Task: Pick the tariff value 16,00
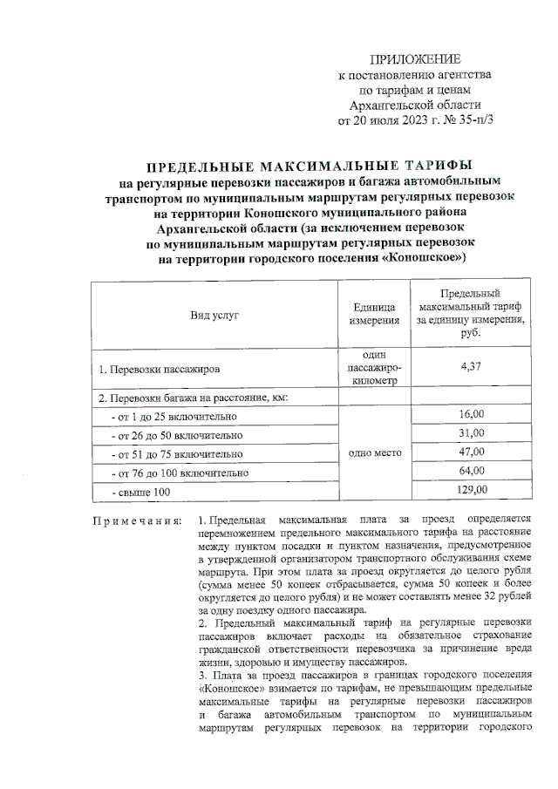[x=471, y=415]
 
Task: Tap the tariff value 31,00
[x=471, y=433]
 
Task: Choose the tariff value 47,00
[x=471, y=452]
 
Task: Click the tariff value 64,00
[x=471, y=471]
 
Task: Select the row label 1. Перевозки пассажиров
[x=160, y=370]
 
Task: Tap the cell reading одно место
[x=374, y=453]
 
